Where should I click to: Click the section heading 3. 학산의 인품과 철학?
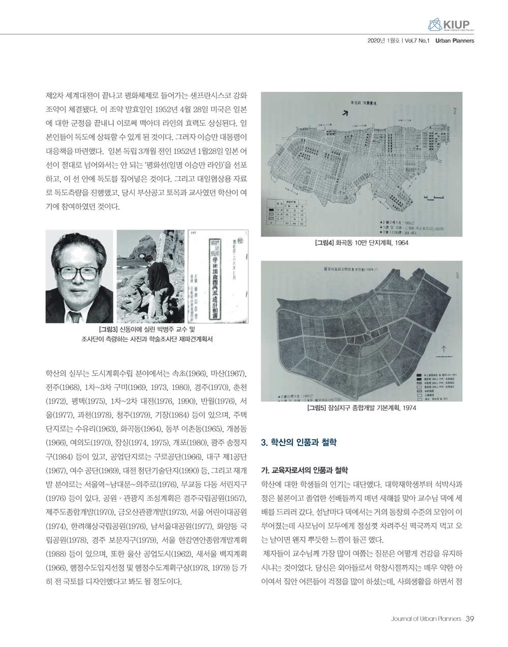coord(298,442)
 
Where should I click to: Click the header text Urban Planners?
coord(455,41)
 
